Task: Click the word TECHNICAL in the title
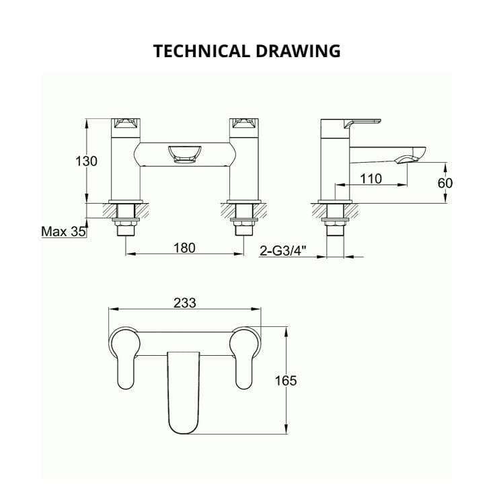195,51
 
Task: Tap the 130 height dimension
86,161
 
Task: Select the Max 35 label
64,232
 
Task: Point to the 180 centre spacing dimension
184,248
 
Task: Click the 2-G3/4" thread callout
283,252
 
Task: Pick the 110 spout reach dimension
371,178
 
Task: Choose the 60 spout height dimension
445,182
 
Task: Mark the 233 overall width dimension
184,303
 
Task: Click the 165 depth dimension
286,381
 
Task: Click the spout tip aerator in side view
408,159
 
